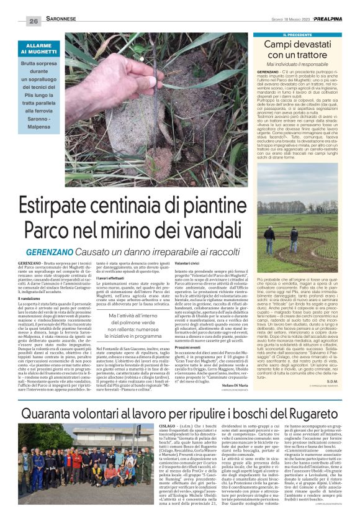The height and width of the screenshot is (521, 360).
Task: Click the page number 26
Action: (33, 21)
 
